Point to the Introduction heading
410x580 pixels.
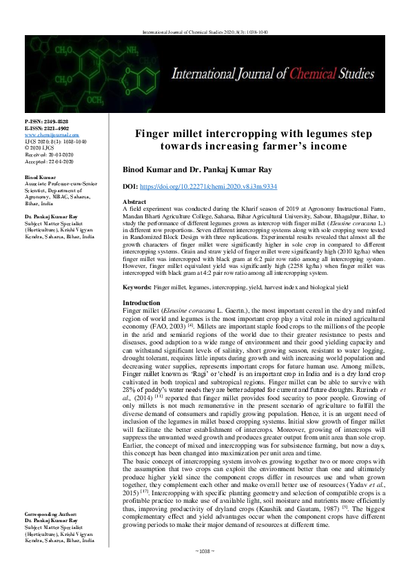point(141,302)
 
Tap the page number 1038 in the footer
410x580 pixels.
point(205,570)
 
